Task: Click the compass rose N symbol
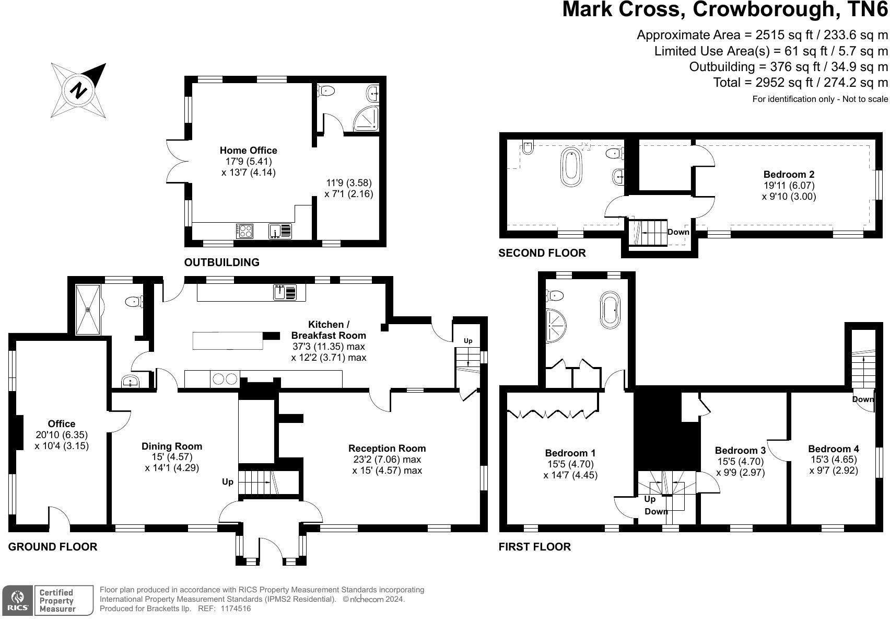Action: coord(78,90)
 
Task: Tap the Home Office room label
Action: coord(248,151)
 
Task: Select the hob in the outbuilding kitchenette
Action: coord(245,231)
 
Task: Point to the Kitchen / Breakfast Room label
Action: coord(329,330)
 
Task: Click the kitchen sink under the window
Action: coord(285,292)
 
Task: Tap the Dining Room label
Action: coord(172,446)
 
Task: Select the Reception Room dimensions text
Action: coord(387,465)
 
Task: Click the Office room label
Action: coord(62,423)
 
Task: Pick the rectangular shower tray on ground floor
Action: coord(88,309)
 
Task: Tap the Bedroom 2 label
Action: coord(789,174)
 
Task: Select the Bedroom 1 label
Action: coord(570,453)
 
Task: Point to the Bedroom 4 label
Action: coord(833,449)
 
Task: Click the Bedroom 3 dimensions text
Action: coord(741,467)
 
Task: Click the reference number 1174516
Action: coord(236,609)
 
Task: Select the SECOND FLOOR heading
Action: coord(542,253)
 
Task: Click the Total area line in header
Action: coord(800,83)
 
